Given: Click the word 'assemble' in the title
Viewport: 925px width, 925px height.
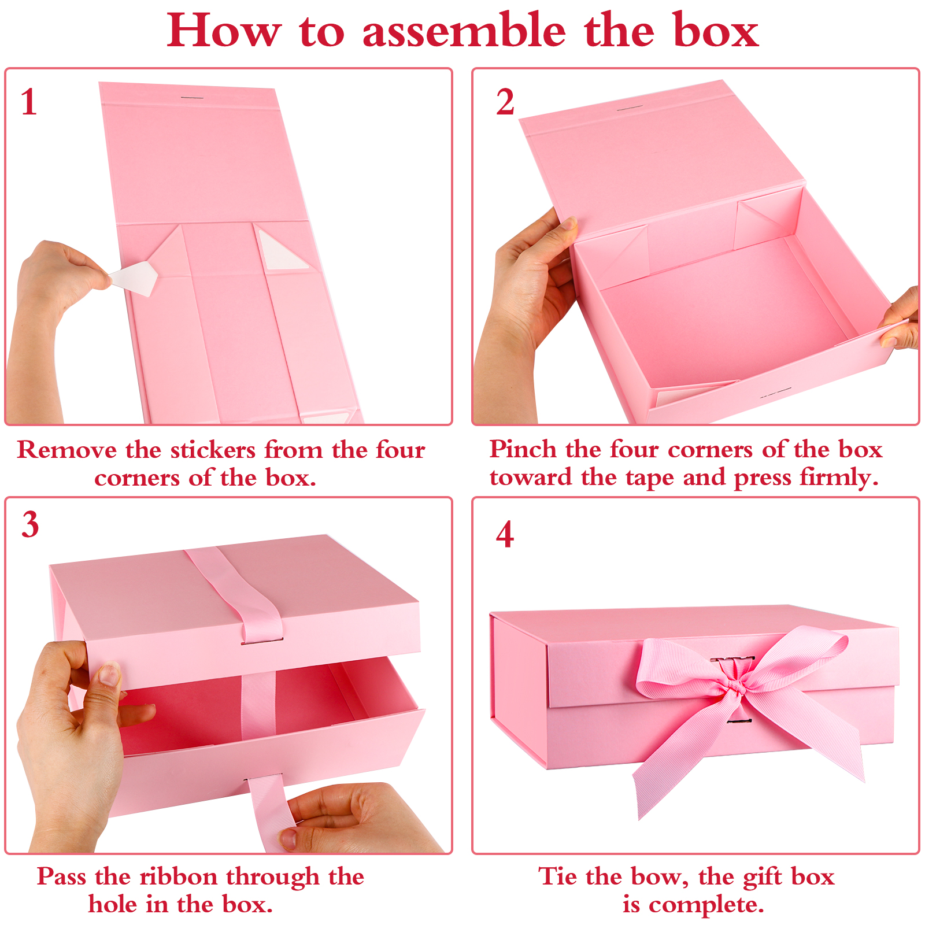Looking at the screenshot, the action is pyautogui.click(x=464, y=31).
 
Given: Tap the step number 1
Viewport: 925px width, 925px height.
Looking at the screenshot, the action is pyautogui.click(x=28, y=102).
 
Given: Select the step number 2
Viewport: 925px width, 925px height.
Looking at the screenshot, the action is pyautogui.click(x=505, y=102).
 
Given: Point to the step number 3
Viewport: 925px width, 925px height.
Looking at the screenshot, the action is pyautogui.click(x=30, y=525).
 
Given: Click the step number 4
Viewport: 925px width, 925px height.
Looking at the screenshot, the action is pyautogui.click(x=505, y=534).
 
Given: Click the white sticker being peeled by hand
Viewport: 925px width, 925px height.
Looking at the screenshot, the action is pyautogui.click(x=134, y=277).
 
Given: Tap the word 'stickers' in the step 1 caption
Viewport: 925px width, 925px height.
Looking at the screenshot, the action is pyautogui.click(x=213, y=450).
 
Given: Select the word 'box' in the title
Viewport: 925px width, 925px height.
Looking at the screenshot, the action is pyautogui.click(x=716, y=31).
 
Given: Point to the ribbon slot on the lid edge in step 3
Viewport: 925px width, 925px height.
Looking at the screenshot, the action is pyautogui.click(x=262, y=641).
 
